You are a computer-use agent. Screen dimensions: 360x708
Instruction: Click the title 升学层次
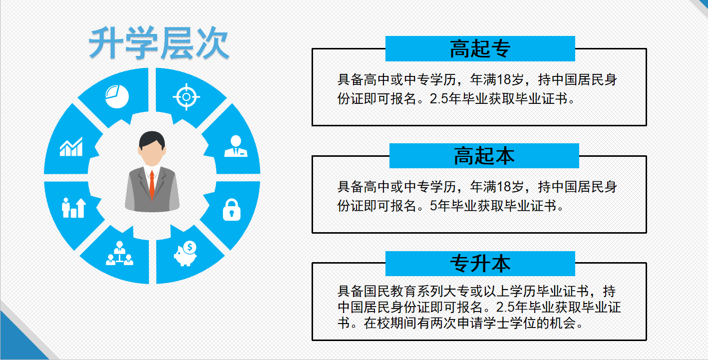coord(159,44)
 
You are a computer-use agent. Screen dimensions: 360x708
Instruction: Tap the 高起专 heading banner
coord(480,49)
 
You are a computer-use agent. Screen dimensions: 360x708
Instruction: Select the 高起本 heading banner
coord(484,156)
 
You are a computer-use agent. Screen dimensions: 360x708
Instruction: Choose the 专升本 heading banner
coord(480,263)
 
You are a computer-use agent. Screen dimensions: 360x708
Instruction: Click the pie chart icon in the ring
coord(117,96)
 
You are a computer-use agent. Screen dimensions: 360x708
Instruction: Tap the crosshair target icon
coord(186,96)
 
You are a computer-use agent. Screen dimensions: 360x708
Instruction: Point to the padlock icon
coord(231,209)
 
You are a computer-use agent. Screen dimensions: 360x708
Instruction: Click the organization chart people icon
coord(119,254)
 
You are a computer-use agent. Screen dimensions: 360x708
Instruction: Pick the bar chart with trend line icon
coord(71,147)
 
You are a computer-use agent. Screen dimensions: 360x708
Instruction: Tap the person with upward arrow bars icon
coord(73,207)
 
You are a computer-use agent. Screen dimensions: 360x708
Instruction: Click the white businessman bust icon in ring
coord(236,146)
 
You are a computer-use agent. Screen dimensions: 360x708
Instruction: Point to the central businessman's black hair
coord(152,139)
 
